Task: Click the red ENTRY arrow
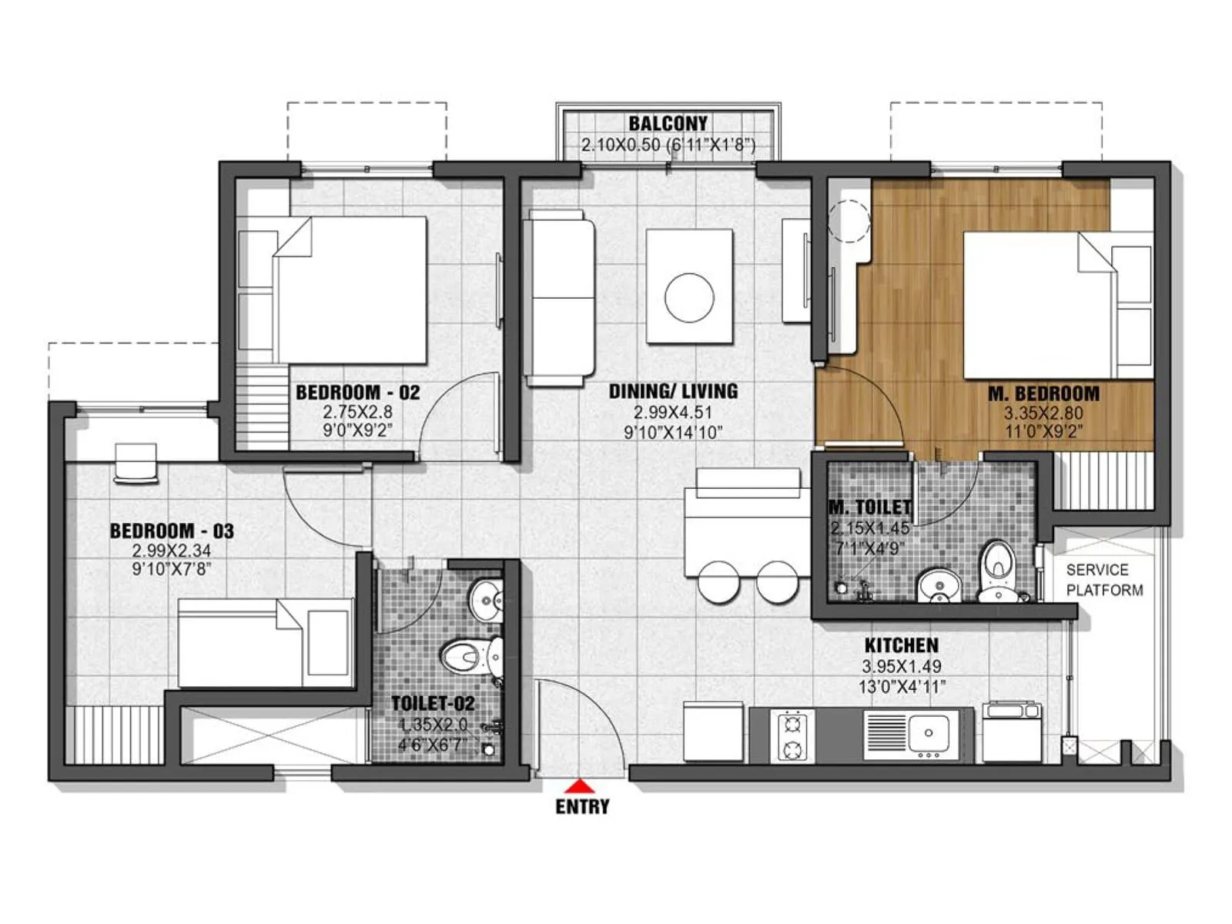582,786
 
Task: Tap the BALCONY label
667,123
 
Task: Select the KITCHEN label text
901,645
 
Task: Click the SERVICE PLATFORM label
1103,580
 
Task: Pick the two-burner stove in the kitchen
792,735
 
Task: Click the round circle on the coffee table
689,297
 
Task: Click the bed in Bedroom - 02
350,289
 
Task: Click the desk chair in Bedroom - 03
136,464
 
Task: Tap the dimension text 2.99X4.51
672,412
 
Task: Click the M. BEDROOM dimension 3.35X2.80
1043,413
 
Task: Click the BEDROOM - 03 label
171,531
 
